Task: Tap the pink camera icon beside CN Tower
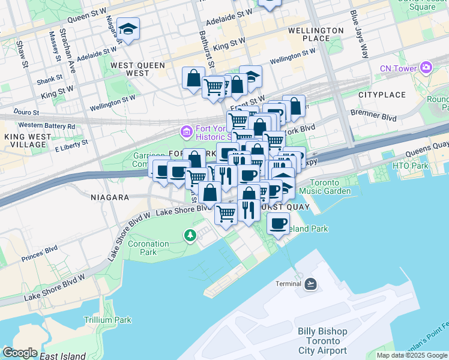pyautogui.click(x=426, y=67)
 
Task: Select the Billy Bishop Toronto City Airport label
pyautogui.click(x=322, y=341)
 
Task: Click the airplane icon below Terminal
pyautogui.click(x=310, y=284)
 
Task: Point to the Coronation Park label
pyautogui.click(x=148, y=248)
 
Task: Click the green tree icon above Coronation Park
pyautogui.click(x=190, y=235)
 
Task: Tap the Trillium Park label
pyautogui.click(x=107, y=320)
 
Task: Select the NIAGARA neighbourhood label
pyautogui.click(x=110, y=197)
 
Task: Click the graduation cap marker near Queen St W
pyautogui.click(x=128, y=30)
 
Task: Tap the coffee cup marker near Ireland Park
pyautogui.click(x=277, y=225)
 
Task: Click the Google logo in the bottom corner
pyautogui.click(x=20, y=353)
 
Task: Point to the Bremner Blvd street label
pyautogui.click(x=374, y=115)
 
